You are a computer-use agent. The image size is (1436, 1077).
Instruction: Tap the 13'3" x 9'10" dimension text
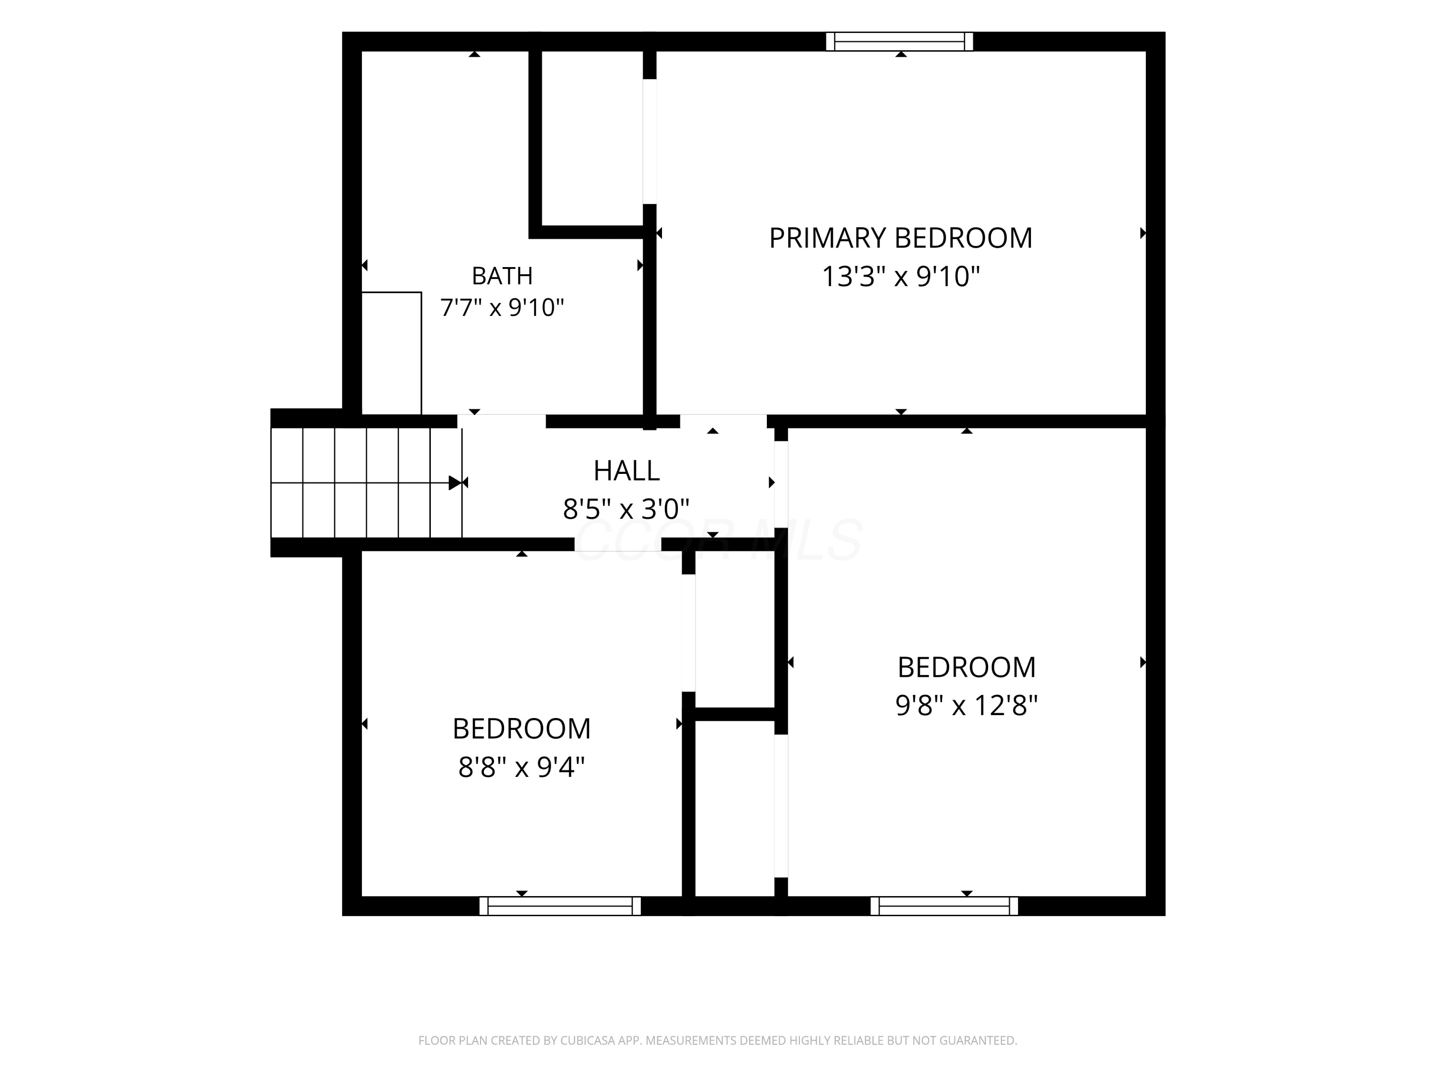[x=900, y=277]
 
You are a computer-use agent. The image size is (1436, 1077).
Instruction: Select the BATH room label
[x=502, y=276]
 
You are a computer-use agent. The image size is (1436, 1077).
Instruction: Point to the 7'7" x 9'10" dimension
[x=502, y=307]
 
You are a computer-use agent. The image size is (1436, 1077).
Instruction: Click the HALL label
[x=627, y=471]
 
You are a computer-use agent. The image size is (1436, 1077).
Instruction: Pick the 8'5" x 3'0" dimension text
[x=626, y=509]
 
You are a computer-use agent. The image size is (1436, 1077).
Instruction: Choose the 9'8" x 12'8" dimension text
[x=966, y=705]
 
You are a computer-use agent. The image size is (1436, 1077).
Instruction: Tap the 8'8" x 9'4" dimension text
[x=521, y=767]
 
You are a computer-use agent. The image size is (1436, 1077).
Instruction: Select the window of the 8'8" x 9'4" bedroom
[x=560, y=906]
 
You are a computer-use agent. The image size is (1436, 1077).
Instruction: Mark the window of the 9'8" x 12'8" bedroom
[x=944, y=906]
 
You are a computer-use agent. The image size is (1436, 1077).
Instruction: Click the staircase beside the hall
[x=366, y=482]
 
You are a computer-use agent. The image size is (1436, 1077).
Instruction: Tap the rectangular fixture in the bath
[x=392, y=353]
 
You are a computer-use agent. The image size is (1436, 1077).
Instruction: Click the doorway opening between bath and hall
[x=501, y=421]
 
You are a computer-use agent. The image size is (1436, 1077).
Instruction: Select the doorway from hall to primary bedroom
[x=723, y=421]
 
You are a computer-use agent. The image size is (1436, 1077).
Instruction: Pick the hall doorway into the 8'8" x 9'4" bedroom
[x=617, y=544]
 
